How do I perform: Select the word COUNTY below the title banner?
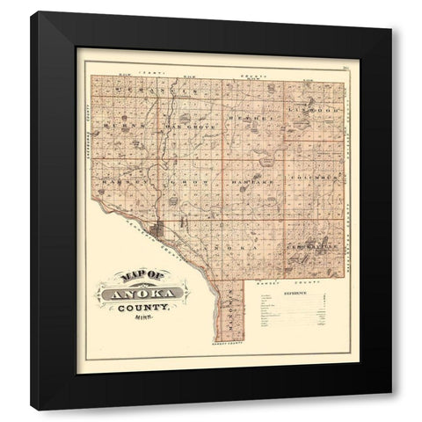click(143, 312)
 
